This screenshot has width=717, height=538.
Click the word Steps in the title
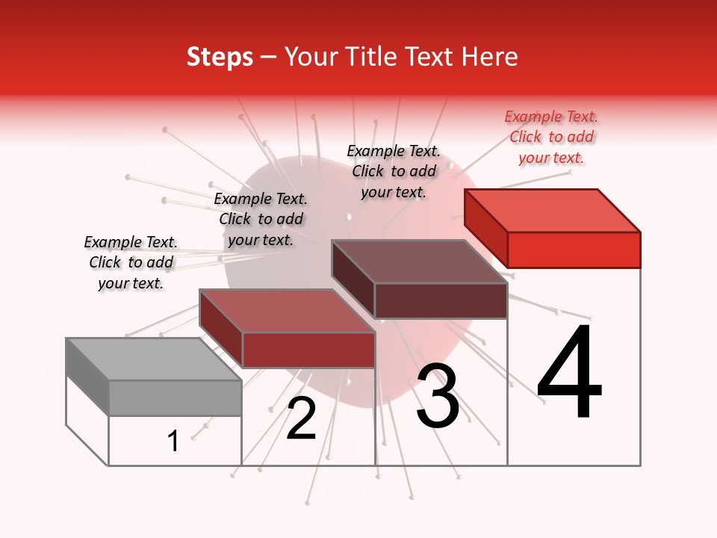click(220, 57)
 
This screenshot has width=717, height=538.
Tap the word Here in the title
click(490, 57)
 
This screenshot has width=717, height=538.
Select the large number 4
click(570, 374)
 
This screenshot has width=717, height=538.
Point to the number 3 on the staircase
click(438, 397)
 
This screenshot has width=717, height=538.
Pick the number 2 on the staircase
click(301, 418)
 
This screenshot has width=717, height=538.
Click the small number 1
click(173, 442)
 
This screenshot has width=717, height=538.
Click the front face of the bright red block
click(574, 250)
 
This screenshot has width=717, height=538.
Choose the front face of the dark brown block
click(441, 300)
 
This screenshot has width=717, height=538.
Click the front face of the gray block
click(175, 398)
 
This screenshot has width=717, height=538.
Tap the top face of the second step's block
click(287, 311)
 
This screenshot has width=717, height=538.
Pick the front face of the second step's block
click(308, 350)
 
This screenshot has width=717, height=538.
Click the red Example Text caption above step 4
click(551, 137)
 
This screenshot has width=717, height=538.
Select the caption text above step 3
click(394, 171)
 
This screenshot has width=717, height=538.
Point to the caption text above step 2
click(261, 219)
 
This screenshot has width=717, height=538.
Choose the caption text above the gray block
click(131, 262)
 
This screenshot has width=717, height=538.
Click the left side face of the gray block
click(87, 377)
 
